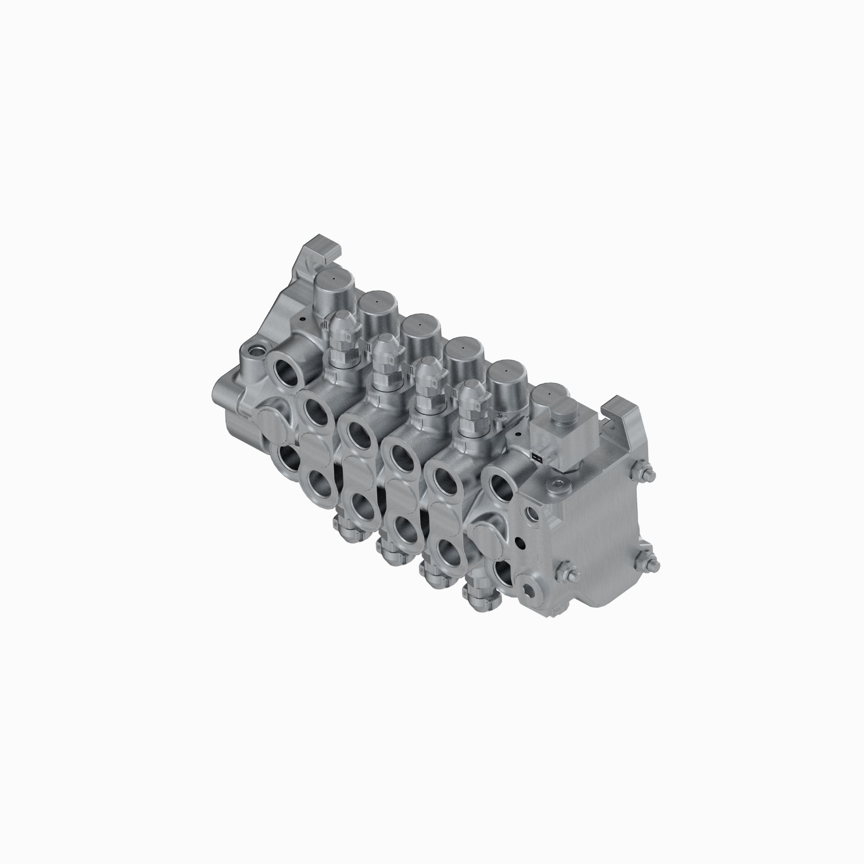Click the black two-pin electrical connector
[x=537, y=456]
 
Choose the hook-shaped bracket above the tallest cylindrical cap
[x=323, y=248]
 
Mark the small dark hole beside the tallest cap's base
[x=303, y=320]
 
